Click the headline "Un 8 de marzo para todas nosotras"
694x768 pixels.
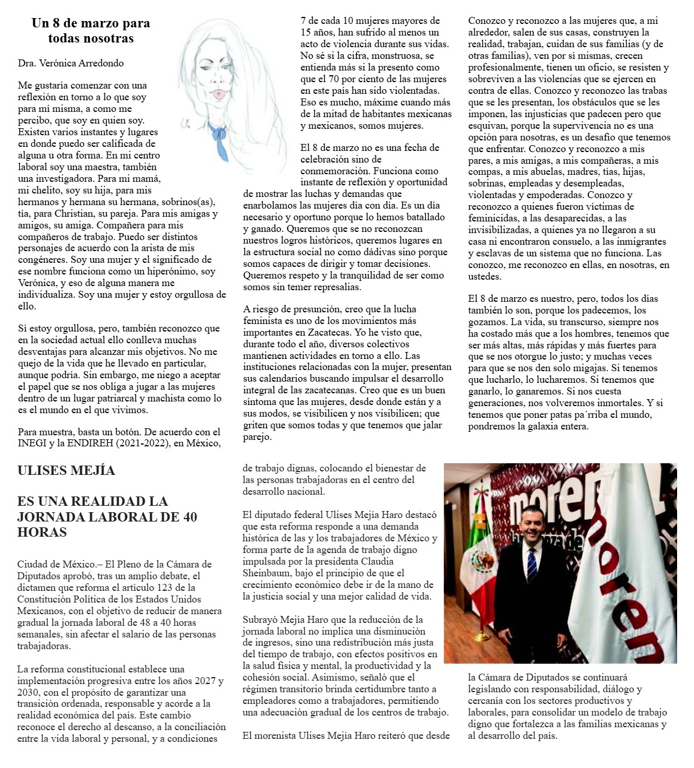click(x=90, y=31)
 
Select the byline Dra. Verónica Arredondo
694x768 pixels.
click(x=71, y=63)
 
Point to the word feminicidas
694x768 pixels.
click(x=493, y=218)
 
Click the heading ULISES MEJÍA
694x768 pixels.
click(x=66, y=470)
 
